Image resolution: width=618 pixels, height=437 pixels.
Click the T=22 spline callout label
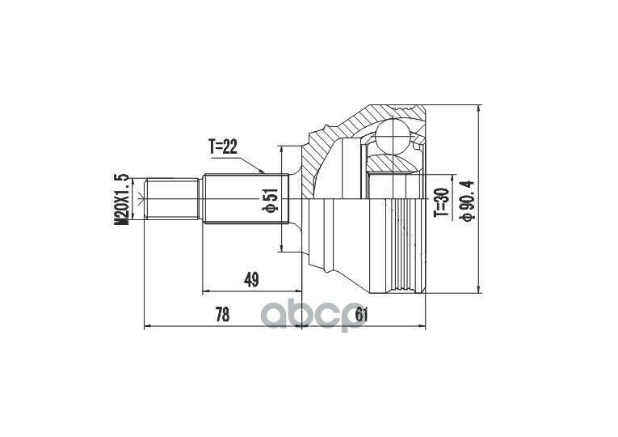(223, 147)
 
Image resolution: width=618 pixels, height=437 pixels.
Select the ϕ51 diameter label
(271, 199)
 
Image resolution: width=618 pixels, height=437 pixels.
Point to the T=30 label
(442, 202)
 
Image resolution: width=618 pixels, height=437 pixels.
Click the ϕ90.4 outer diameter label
(468, 201)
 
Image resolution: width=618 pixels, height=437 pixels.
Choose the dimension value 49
(251, 280)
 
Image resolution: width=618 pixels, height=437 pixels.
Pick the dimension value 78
(222, 315)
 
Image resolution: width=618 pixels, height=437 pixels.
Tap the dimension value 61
(361, 315)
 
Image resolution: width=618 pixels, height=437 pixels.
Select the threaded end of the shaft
(171, 198)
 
